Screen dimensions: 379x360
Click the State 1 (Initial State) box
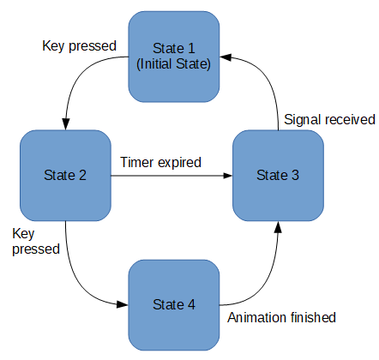[x=174, y=57]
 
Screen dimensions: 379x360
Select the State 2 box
[x=65, y=176]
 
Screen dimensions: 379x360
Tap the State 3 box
[x=278, y=176]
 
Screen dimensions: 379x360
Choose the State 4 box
[x=174, y=305]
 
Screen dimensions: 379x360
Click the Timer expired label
[x=161, y=163]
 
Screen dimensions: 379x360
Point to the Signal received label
[x=329, y=119]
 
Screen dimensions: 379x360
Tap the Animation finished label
[x=281, y=317]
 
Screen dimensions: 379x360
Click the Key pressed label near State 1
[x=79, y=46]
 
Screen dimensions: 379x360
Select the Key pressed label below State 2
[x=36, y=242]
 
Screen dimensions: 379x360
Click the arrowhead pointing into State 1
[x=226, y=57]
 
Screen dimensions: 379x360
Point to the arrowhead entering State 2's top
[x=66, y=124]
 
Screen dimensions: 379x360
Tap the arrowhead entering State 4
[x=123, y=304]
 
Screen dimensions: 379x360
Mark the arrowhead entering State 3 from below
[x=278, y=227]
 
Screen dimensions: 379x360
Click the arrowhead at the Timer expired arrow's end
[x=227, y=176]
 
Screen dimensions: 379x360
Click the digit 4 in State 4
[x=191, y=304]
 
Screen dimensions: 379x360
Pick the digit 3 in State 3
[x=295, y=175]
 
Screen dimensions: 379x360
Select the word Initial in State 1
[x=156, y=63]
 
